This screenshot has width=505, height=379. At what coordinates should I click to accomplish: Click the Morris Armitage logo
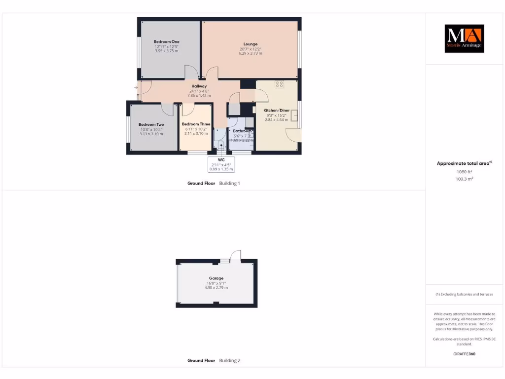point(464,38)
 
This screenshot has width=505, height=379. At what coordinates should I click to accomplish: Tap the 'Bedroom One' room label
point(166,41)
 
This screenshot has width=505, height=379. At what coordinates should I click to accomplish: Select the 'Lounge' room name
point(251,44)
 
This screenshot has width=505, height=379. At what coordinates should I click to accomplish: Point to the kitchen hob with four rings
point(279,84)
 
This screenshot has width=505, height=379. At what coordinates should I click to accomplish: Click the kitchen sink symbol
point(294,115)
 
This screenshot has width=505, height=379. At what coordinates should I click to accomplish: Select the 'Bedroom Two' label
point(151,124)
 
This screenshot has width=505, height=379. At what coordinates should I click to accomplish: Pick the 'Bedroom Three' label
point(196,124)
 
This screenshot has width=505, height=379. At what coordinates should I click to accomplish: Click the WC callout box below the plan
point(221,164)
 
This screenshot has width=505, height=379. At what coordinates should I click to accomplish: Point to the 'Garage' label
point(216,278)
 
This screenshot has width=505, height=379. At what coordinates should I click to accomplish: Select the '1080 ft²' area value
point(464,172)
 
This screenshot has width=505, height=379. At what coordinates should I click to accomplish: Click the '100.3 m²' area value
point(464,179)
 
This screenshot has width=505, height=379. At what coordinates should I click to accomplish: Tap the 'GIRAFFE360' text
point(464,354)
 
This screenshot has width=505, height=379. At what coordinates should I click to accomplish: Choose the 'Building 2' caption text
point(229,361)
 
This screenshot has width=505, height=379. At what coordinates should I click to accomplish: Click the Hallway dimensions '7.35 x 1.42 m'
point(199,95)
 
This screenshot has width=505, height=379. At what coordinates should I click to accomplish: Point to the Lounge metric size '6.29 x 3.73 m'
point(251,53)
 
